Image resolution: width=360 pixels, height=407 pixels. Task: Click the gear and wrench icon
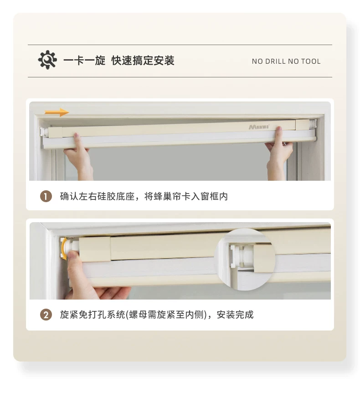(47, 60)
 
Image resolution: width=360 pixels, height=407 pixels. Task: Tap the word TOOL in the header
(311, 61)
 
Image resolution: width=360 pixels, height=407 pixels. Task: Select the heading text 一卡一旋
(84, 61)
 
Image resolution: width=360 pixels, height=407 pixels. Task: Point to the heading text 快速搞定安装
(143, 61)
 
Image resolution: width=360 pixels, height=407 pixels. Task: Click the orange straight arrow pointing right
(57, 112)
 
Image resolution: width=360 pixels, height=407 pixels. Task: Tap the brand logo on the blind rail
(259, 127)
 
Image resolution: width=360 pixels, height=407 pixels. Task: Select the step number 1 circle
(46, 197)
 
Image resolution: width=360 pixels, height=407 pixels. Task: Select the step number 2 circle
(46, 315)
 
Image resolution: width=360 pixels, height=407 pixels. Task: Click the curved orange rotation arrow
(63, 249)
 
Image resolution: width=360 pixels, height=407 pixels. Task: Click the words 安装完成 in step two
(235, 315)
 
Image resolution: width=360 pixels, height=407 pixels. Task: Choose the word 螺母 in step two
(138, 315)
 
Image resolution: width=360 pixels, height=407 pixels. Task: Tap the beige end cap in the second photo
(94, 249)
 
